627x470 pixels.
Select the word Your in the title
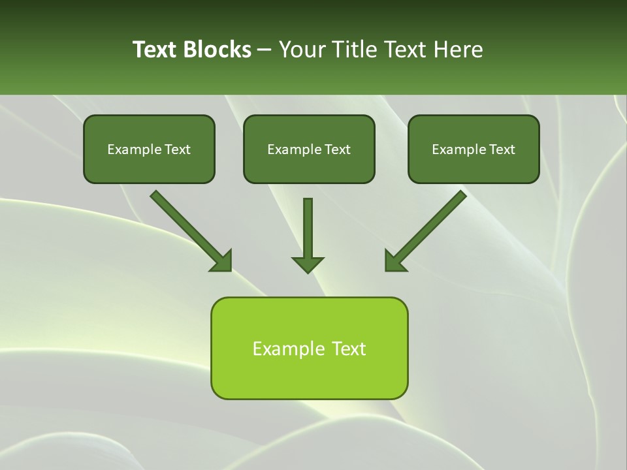(301, 50)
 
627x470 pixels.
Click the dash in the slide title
(265, 50)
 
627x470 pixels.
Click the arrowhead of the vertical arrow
(308, 264)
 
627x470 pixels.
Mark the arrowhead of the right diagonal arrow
(394, 261)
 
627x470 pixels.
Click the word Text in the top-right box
(502, 149)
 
